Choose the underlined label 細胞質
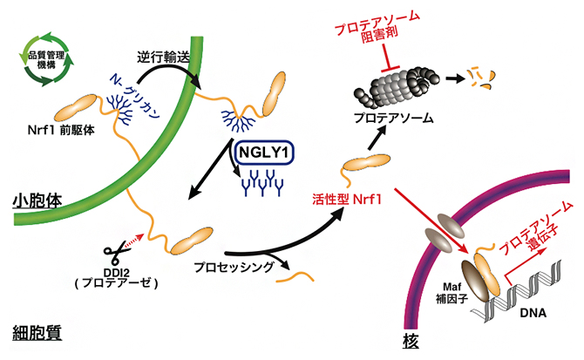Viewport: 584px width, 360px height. (29, 333)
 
